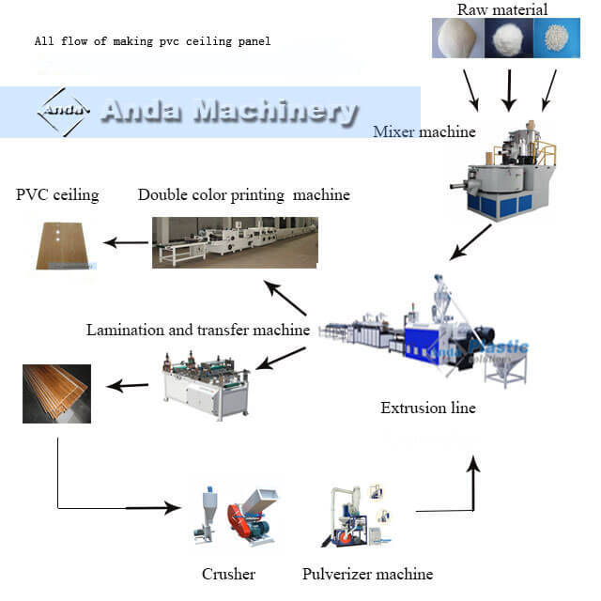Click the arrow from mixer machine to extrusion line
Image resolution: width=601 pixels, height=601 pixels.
coord(469,242)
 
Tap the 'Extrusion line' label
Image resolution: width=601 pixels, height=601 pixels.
coord(428,408)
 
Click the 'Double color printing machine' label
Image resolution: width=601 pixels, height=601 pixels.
coord(243,195)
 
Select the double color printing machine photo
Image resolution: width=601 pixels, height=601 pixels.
coord(235,242)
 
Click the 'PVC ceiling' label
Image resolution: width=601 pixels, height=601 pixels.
coord(57,195)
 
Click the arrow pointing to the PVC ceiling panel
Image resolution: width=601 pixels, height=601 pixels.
coord(124,242)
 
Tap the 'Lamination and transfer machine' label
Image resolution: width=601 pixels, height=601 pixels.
coord(198,330)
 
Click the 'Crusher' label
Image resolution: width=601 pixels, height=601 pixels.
coord(228,574)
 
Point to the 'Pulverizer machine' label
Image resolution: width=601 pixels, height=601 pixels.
coord(367,574)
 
